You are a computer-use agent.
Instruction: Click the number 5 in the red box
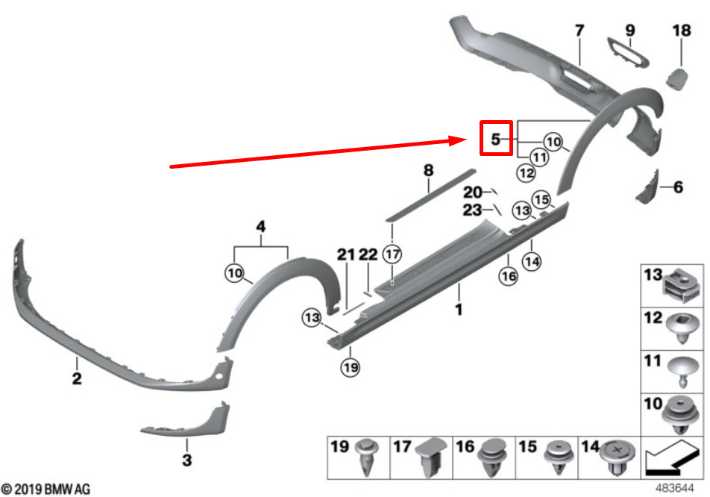coord(496,139)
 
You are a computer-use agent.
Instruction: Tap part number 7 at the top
coord(579,31)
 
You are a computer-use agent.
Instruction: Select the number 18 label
coord(682,31)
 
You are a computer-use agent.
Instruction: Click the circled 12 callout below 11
coord(527,172)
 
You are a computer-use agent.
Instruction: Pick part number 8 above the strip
coord(428,170)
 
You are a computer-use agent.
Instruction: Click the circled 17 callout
coord(392,254)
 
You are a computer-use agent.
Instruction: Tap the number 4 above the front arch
coord(261,226)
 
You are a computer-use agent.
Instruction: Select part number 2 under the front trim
coord(77,378)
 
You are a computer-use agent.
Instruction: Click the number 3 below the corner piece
coord(186,460)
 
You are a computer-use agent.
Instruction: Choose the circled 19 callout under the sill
coord(351,366)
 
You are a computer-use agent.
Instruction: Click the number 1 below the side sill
coord(459,310)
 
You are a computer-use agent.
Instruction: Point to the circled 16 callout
coord(508,275)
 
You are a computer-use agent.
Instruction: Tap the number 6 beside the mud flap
coord(678,187)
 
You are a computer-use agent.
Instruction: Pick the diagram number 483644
coord(675,488)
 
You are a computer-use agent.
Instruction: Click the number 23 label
coord(472,210)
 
